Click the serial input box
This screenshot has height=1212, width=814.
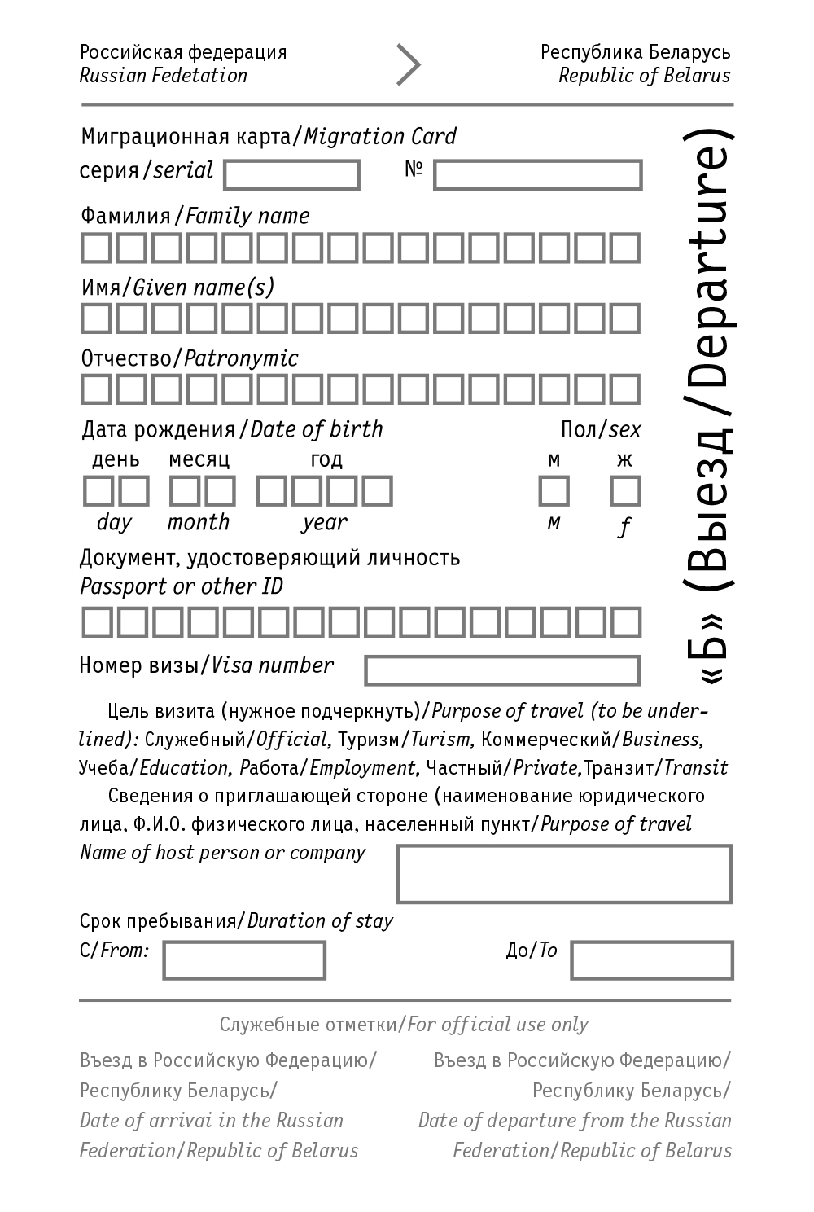click(291, 174)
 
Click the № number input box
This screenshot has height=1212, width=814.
click(537, 175)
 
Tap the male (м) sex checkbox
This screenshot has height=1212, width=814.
click(554, 491)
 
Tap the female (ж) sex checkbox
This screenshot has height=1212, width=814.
click(625, 491)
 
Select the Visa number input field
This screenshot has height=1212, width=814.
click(501, 670)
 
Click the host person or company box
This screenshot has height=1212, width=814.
click(564, 874)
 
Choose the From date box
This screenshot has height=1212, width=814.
click(244, 960)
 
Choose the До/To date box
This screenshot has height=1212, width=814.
click(651, 960)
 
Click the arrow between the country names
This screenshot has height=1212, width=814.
click(408, 65)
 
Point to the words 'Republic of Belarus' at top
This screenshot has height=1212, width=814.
click(644, 76)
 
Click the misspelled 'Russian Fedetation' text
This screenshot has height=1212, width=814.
click(163, 76)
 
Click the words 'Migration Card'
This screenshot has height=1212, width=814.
click(380, 136)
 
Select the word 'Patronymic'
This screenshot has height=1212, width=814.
click(241, 358)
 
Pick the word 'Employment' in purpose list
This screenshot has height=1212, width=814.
click(363, 768)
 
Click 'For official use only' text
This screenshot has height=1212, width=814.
click(497, 1025)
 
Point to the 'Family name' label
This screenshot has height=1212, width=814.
click(247, 216)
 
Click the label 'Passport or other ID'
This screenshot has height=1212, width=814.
click(181, 586)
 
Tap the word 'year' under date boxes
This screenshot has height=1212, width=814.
click(324, 523)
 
